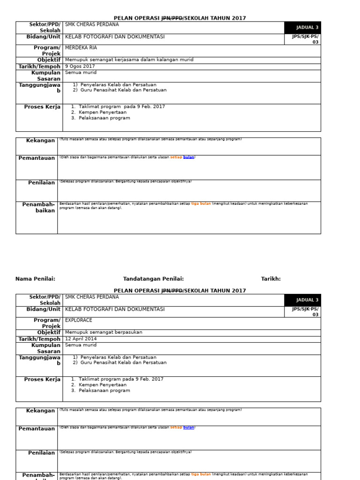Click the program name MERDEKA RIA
point(81,48)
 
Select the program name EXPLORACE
point(78,320)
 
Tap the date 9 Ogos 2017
point(80,67)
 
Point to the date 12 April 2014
point(81,339)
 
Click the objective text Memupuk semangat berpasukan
point(103,332)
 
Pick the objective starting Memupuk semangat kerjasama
point(129,60)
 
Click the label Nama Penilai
point(35,279)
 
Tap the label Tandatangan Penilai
point(153,279)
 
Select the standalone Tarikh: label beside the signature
point(271,279)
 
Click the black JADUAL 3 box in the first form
point(302,28)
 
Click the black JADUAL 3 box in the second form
point(302,300)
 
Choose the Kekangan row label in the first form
point(40,141)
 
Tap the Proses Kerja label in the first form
point(42,107)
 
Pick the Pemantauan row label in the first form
point(37,158)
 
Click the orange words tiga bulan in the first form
point(201,204)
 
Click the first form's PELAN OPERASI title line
point(180,18)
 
